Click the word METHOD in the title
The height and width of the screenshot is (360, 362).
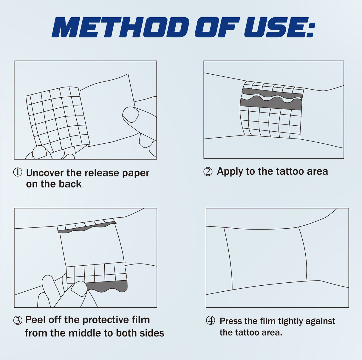pyautogui.click(x=120, y=27)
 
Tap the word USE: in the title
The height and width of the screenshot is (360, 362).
pyautogui.click(x=279, y=27)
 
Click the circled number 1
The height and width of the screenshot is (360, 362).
pyautogui.click(x=18, y=172)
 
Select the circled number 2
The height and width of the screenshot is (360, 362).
pyautogui.click(x=208, y=172)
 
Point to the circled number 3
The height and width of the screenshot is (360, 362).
pyautogui.click(x=18, y=320)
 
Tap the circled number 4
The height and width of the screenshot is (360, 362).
pyautogui.click(x=211, y=321)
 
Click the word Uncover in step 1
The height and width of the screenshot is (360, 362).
pyautogui.click(x=45, y=173)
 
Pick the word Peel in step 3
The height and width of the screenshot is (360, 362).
pyautogui.click(x=35, y=320)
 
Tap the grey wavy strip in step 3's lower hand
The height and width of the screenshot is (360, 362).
pyautogui.click(x=107, y=286)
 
